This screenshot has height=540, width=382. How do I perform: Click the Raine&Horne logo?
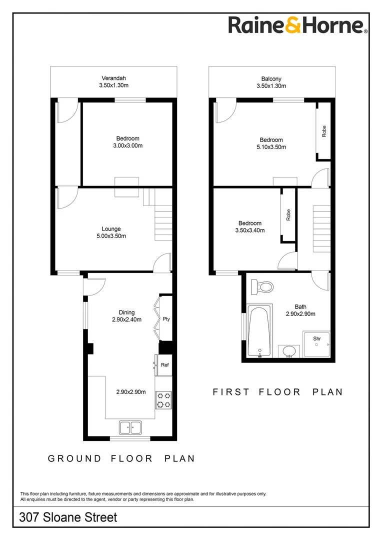click(298, 25)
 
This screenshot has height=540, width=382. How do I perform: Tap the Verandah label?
click(113, 78)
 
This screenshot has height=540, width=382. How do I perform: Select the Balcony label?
click(271, 78)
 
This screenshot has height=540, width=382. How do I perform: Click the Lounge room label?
click(111, 229)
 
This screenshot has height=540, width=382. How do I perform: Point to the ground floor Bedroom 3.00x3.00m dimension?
click(127, 146)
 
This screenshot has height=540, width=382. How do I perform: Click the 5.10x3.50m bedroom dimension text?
click(271, 147)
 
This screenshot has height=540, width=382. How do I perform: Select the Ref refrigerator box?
click(164, 365)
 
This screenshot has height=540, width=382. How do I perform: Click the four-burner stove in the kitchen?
click(163, 399)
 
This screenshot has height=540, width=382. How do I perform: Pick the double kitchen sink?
click(130, 427)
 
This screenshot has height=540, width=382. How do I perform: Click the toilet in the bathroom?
click(262, 287)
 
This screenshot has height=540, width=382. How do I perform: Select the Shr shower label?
click(316, 338)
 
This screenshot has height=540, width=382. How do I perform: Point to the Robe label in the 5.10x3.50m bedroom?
click(324, 131)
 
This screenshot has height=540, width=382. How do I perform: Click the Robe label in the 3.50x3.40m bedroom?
click(288, 215)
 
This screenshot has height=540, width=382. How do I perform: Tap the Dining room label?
click(126, 313)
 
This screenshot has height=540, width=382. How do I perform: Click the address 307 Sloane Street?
click(68, 517)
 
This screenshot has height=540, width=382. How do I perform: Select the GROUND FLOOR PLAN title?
click(121, 458)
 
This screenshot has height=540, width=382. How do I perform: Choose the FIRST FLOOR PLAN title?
click(278, 392)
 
